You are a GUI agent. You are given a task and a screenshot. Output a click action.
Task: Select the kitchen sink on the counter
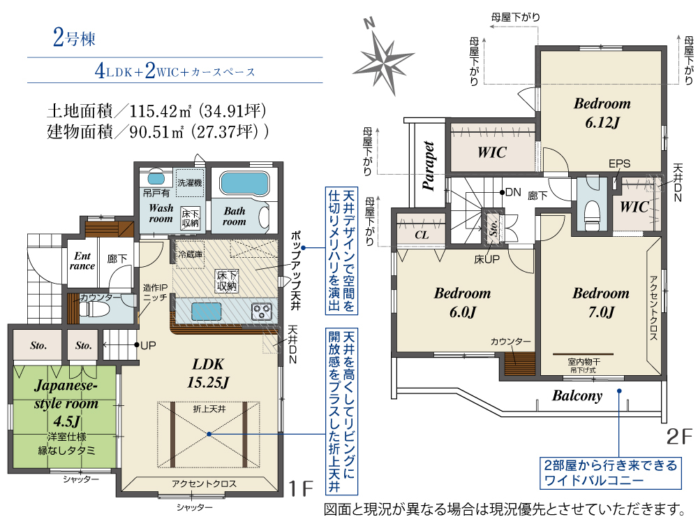(206, 312)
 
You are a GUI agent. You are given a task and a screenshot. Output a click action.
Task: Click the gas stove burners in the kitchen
(262, 312)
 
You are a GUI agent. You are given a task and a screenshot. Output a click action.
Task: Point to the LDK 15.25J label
(208, 373)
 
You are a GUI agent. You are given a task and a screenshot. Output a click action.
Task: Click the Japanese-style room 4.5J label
(66, 403)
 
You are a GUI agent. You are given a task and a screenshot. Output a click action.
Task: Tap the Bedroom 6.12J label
(602, 112)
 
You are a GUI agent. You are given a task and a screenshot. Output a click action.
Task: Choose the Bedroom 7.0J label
(600, 302)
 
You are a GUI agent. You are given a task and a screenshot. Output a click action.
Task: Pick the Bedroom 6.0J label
(462, 302)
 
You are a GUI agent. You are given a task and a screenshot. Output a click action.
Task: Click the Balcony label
(577, 395)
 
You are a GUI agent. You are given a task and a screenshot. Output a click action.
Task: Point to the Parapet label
(429, 166)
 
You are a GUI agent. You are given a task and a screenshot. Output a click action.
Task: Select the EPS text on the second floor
(619, 163)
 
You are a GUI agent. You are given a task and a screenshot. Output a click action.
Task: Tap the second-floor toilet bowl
(592, 211)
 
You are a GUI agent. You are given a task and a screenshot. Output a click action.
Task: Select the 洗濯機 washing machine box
(190, 182)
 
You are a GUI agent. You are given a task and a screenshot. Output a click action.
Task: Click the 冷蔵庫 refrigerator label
(191, 254)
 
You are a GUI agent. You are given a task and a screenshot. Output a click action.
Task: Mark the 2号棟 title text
(74, 38)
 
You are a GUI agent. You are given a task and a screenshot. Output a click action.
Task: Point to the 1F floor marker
(302, 489)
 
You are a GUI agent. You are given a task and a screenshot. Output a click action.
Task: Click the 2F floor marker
(679, 437)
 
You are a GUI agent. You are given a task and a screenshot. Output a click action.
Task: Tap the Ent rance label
(82, 261)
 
